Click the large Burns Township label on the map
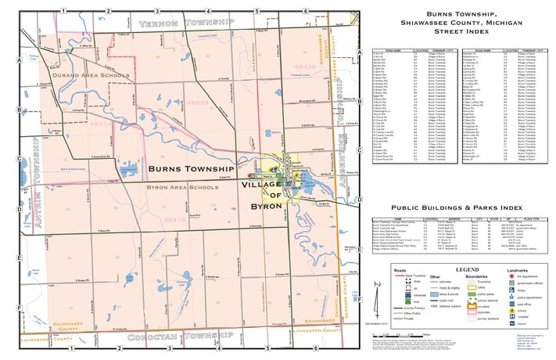[191, 168]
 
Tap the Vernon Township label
[186, 23]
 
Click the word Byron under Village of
[267, 205]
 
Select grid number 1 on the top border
[62, 9]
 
